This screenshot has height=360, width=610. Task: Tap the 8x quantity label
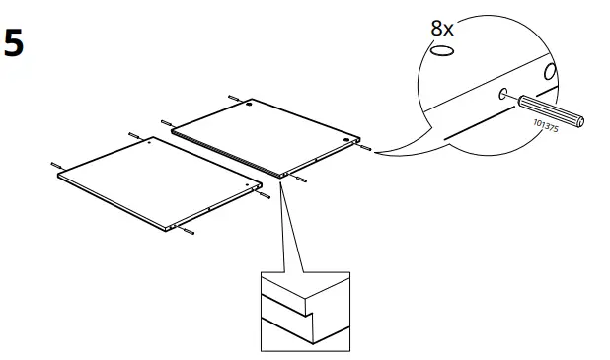pos(443,29)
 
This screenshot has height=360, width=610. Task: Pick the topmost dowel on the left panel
pos(133,132)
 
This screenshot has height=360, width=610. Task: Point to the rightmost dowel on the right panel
pos(366,150)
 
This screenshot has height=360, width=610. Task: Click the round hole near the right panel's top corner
pos(251,105)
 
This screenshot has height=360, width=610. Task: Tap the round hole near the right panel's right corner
pos(346,140)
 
